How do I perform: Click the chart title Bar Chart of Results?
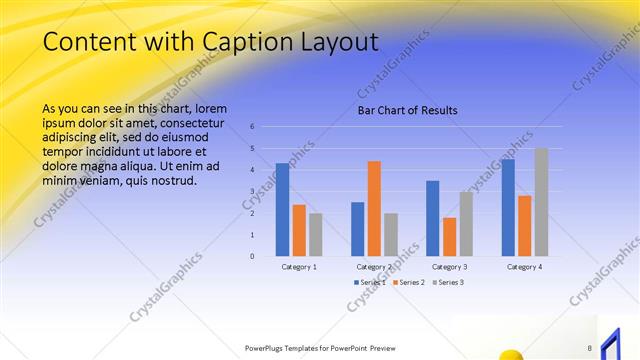point(408,111)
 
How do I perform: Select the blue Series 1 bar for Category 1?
point(282,209)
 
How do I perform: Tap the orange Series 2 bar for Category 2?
point(374,208)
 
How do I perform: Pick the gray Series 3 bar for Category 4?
point(541,202)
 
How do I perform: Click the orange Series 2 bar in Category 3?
point(450,236)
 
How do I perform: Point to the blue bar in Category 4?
point(508,207)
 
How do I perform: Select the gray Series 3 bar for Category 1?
point(316,234)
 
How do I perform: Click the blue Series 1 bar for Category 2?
point(357,228)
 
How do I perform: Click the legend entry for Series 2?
point(409,283)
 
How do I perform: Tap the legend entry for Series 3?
point(449,283)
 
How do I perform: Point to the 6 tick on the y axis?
point(253,127)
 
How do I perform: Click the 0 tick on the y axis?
point(253,256)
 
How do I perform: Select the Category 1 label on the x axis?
point(299,267)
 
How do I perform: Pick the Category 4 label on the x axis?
point(524,267)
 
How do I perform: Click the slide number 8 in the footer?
point(590,348)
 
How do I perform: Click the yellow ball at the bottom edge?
point(510,354)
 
